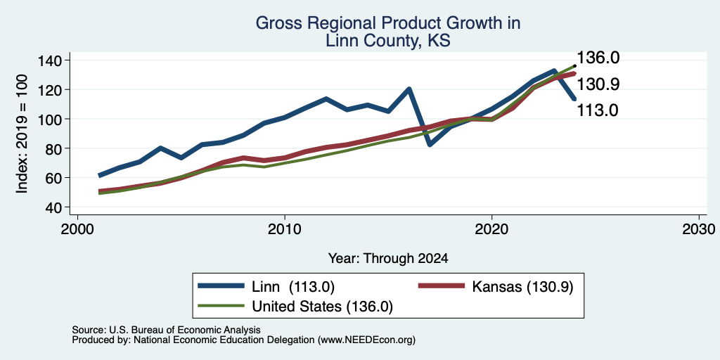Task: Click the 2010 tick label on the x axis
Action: pos(284,229)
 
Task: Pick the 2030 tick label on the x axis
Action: pos(698,229)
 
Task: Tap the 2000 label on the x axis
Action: pos(77,229)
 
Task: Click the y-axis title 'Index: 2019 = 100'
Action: pos(22,134)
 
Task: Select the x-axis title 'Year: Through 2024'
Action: pos(388,259)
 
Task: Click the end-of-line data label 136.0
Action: pos(598,58)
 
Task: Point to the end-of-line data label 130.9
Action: pos(598,84)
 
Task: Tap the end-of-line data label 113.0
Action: pos(598,110)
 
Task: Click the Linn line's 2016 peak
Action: pos(409,89)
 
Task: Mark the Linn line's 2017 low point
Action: pos(430,145)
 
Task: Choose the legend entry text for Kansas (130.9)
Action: pos(522,286)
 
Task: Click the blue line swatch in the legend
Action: pos(221,286)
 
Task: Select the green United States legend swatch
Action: pos(221,305)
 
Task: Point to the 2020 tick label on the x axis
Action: pos(491,229)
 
